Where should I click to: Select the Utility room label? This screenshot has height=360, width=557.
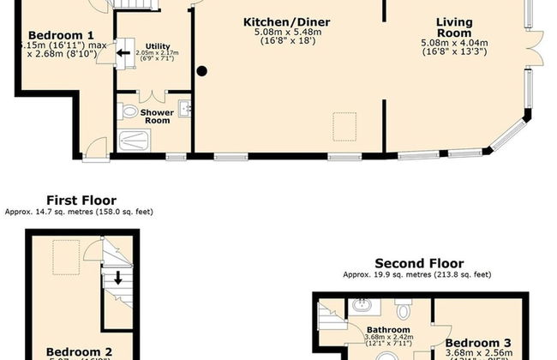pos(157,46)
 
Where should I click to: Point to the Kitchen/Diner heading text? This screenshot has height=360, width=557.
pos(286,21)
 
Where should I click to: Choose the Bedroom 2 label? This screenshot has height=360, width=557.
pos(78,351)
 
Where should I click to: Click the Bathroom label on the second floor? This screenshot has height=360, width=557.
pos(388,330)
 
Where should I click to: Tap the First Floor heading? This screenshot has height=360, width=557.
pos(81,201)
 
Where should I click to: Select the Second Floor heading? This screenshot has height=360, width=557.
pos(419,264)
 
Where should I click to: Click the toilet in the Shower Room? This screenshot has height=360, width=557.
pos(129,111)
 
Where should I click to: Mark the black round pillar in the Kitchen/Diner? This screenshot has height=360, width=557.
pos(202,71)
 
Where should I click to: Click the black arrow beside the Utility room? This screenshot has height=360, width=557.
pos(123,51)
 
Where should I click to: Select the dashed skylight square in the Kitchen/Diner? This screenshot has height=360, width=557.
pos(344,124)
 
